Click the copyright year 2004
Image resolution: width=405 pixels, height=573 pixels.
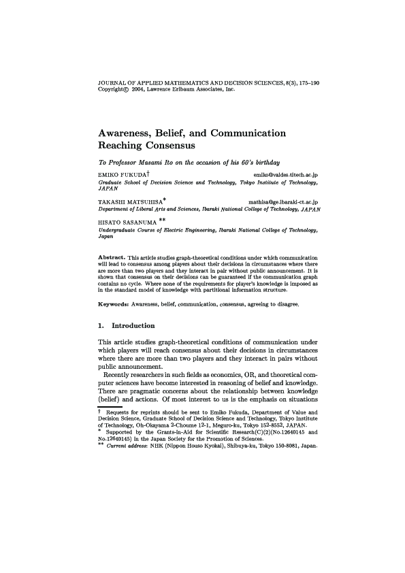tap(138, 89)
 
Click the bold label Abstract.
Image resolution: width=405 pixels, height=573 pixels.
tap(112, 256)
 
